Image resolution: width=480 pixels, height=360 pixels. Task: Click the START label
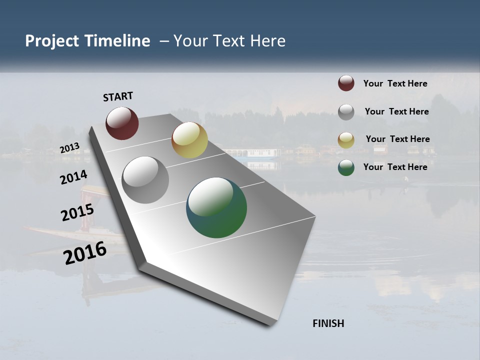(118, 96)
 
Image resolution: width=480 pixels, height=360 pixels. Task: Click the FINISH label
(328, 323)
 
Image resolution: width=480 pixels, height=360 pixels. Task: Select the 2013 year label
(69, 148)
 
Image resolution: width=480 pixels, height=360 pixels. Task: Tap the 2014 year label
(73, 177)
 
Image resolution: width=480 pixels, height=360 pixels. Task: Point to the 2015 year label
(77, 212)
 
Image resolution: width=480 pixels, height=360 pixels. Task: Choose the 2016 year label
(85, 253)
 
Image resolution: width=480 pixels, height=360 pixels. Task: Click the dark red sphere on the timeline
(122, 123)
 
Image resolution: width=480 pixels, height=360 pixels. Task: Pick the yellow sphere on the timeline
(189, 140)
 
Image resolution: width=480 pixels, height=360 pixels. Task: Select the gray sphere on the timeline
(145, 180)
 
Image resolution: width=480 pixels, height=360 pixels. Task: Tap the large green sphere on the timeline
(216, 207)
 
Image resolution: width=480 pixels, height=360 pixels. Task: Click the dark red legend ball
(346, 83)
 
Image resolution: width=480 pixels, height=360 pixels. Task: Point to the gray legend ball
(346, 111)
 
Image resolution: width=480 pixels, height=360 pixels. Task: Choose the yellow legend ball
(346, 139)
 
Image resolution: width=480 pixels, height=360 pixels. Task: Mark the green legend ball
(346, 167)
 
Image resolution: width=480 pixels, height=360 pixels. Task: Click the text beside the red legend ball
(395, 83)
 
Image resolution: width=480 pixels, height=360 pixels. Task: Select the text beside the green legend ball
(395, 167)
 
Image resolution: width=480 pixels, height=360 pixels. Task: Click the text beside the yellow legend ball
(397, 139)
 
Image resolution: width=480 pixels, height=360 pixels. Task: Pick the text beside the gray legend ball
(396, 111)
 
